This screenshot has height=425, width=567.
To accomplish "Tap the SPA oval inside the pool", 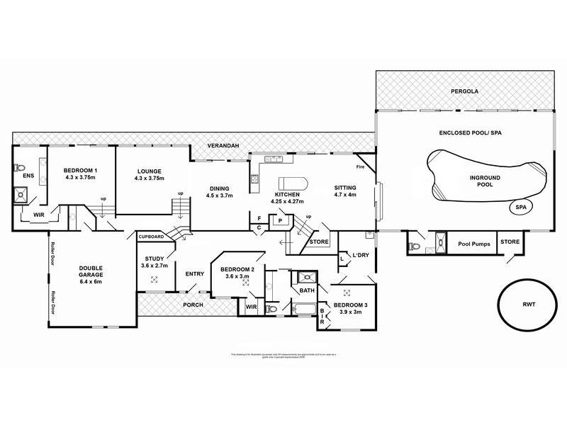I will [523, 207].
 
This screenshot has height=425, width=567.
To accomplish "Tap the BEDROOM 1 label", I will [80, 174].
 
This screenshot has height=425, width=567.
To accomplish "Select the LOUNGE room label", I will [149, 174].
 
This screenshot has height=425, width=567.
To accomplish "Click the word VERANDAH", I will [223, 144].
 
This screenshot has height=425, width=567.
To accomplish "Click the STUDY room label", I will [155, 261].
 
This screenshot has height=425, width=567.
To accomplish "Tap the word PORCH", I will [193, 305].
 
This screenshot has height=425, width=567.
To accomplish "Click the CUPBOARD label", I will [151, 236].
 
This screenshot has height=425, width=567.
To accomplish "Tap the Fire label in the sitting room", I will [360, 167].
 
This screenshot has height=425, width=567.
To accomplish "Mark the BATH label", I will [306, 290].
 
